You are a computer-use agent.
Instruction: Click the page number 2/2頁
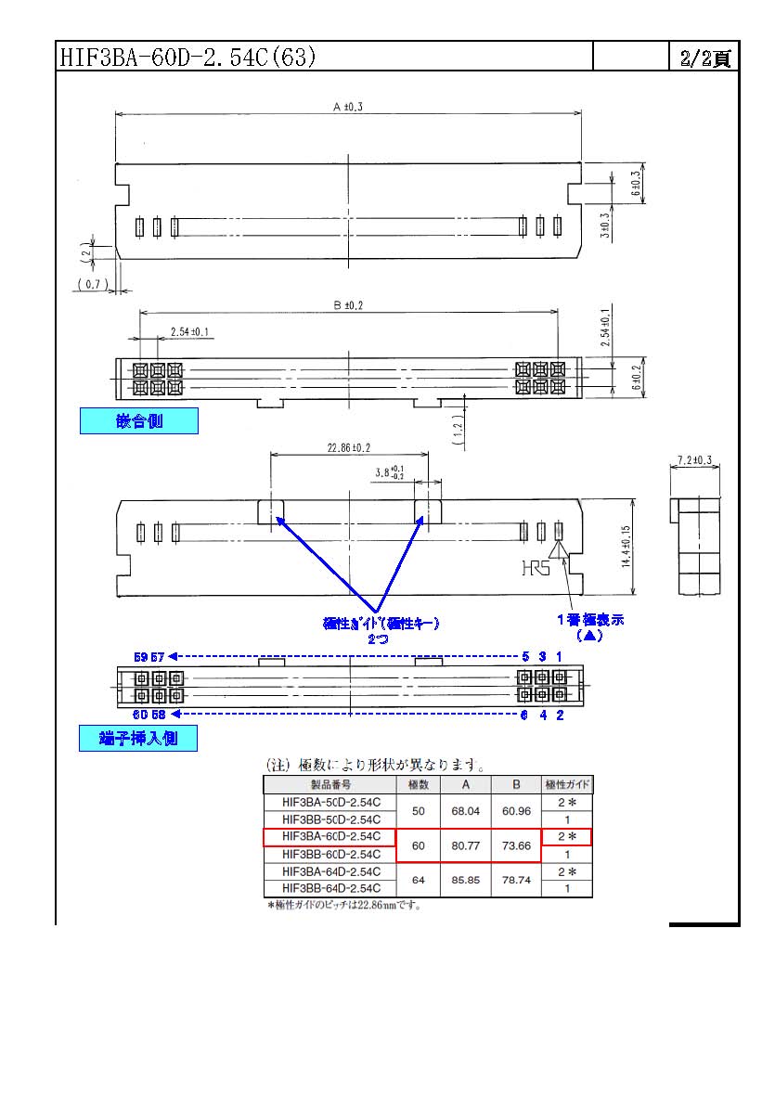pyautogui.click(x=704, y=58)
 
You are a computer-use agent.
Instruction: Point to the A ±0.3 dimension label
pyautogui.click(x=348, y=108)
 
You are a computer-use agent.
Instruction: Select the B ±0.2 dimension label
pyautogui.click(x=348, y=304)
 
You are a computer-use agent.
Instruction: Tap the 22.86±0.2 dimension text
pyautogui.click(x=348, y=447)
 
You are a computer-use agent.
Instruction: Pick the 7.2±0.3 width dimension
pyautogui.click(x=694, y=460)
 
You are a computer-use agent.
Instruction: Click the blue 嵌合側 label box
pyautogui.click(x=138, y=421)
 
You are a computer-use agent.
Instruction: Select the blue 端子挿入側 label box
pyautogui.click(x=138, y=739)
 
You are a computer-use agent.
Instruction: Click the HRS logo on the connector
pyautogui.click(x=535, y=567)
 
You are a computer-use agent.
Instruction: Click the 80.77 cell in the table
pyautogui.click(x=465, y=845)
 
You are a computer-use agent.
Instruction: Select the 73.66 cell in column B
pyautogui.click(x=515, y=845)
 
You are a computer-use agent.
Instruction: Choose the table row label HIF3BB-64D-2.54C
pyautogui.click(x=330, y=888)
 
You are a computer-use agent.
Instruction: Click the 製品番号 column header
pyautogui.click(x=330, y=785)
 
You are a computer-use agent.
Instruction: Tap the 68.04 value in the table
pyautogui.click(x=465, y=811)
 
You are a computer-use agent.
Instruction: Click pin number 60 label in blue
pyautogui.click(x=141, y=715)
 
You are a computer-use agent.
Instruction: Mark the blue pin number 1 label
pyautogui.click(x=559, y=656)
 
